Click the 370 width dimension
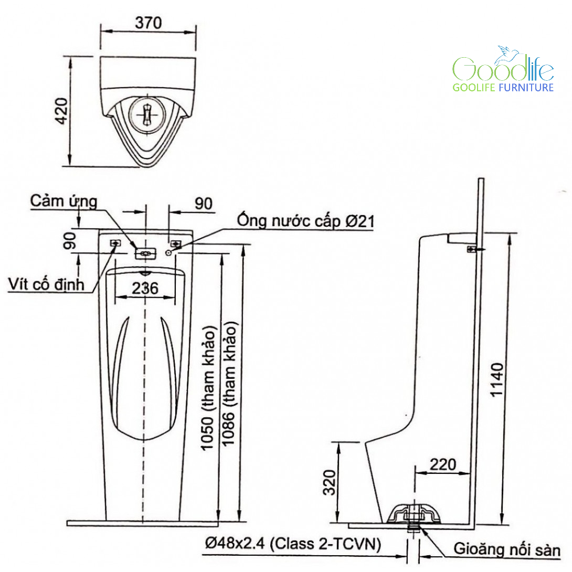[x=148, y=23]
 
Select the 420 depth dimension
[x=61, y=111]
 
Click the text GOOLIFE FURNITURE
[x=503, y=88]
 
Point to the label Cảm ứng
[x=63, y=202]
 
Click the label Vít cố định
[x=46, y=284]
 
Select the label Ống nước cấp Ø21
[x=306, y=221]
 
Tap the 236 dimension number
[x=145, y=288]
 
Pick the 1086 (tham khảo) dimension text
[x=229, y=384]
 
